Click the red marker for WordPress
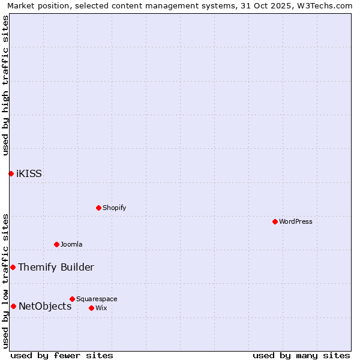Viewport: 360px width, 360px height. click(x=275, y=221)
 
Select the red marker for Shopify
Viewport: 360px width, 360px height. click(x=98, y=208)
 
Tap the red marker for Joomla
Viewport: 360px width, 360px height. click(x=56, y=244)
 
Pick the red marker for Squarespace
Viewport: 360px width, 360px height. click(x=72, y=299)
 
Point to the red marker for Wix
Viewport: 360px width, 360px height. click(x=91, y=308)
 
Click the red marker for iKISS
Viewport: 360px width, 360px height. click(x=11, y=173)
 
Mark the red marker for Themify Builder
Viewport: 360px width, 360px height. click(x=13, y=267)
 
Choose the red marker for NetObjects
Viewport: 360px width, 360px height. click(x=13, y=306)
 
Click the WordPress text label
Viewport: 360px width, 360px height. click(x=296, y=221)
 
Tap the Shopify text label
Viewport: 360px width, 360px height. click(x=114, y=208)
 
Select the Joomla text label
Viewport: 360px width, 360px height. click(x=71, y=244)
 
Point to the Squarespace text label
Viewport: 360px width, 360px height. click(x=97, y=299)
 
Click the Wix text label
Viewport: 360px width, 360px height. click(x=101, y=308)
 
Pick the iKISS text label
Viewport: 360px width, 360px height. click(x=29, y=174)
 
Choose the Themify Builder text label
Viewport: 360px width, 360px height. click(x=56, y=268)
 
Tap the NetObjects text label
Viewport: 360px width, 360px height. click(x=45, y=307)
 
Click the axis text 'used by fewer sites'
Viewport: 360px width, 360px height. click(x=62, y=355)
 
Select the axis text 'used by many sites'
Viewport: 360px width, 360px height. click(x=301, y=355)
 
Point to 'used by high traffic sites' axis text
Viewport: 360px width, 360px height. click(x=5, y=85)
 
